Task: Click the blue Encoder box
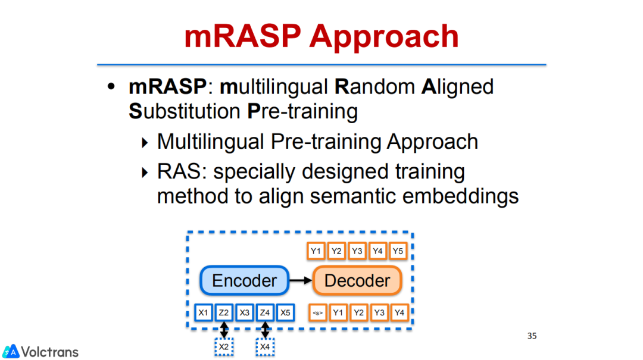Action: (x=244, y=281)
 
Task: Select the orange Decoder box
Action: (x=357, y=281)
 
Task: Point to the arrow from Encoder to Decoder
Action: (x=301, y=281)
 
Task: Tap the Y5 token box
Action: (x=398, y=251)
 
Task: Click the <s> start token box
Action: (x=318, y=312)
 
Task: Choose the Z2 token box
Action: (x=224, y=312)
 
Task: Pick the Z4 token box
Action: (x=265, y=312)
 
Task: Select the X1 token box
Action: (x=204, y=312)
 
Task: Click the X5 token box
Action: (x=286, y=312)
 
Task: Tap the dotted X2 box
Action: (x=224, y=346)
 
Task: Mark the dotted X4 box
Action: (x=265, y=346)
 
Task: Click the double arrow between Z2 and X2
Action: (x=224, y=329)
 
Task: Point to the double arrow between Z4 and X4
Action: (x=265, y=329)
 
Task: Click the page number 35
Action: (x=532, y=336)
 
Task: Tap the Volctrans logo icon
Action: (x=11, y=351)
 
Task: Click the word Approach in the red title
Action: (x=384, y=37)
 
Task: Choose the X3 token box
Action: (x=245, y=312)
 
